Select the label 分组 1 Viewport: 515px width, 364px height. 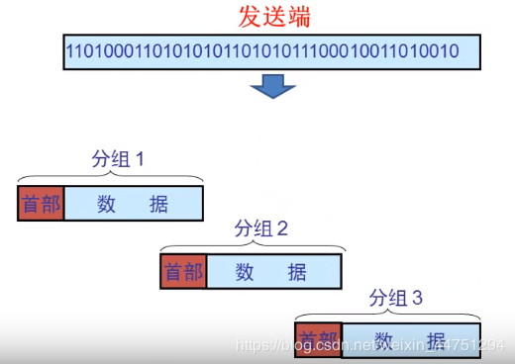point(118,158)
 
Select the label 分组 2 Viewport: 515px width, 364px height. point(260,228)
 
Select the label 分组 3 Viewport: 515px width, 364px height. point(395,297)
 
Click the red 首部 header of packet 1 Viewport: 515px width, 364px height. point(41,205)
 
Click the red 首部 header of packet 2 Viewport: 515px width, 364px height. point(183,272)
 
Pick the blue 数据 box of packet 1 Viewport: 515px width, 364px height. point(133,205)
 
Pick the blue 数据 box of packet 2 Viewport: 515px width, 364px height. point(275,272)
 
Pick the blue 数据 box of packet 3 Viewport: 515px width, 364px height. point(410,338)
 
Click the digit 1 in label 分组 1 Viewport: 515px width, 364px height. point(140,158)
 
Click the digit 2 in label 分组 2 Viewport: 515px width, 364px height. point(282,228)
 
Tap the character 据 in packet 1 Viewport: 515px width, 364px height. point(158,205)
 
